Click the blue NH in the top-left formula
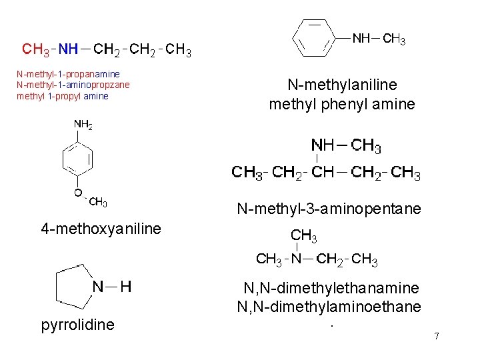point(68,49)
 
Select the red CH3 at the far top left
point(35,49)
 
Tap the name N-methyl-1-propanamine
point(68,73)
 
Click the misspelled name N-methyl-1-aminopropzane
point(73,85)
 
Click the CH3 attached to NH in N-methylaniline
point(393,39)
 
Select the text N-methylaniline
point(342,85)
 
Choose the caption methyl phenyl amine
point(342,104)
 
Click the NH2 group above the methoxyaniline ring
point(83,125)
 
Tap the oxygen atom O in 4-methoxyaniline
point(79,193)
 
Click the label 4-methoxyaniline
point(101,229)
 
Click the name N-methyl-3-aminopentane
point(329,209)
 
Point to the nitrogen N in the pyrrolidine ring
point(98,287)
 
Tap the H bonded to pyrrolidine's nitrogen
point(125,287)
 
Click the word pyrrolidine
point(77,325)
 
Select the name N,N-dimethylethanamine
point(331,288)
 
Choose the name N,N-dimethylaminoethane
point(329,307)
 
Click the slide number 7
point(437,336)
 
